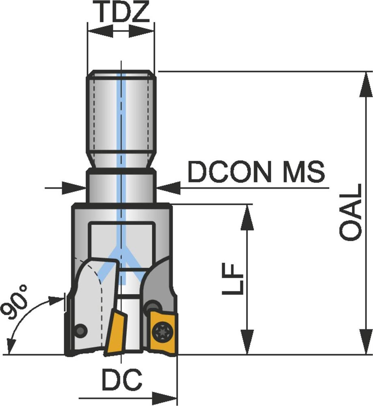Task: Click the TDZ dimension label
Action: click(124, 12)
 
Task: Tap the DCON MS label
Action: click(256, 172)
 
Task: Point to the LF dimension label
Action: click(233, 279)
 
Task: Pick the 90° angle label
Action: click(15, 302)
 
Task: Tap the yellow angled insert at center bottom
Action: click(115, 332)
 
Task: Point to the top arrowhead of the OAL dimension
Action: click(366, 85)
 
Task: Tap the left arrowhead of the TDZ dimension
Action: click(100, 31)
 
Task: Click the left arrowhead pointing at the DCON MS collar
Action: click(74, 188)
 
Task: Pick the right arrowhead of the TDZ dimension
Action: click(141, 31)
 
